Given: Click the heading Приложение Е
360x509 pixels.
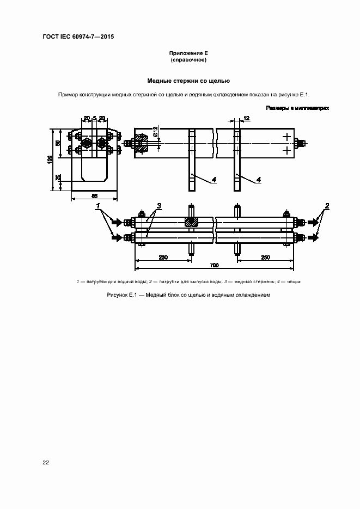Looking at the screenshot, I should click(x=188, y=53).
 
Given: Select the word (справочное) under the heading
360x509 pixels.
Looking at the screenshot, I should click(x=188, y=60).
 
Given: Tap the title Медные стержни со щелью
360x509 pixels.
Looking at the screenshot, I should click(x=188, y=81).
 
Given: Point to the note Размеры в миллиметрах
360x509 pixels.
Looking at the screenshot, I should click(x=297, y=108).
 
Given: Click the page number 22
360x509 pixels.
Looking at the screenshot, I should click(x=46, y=463).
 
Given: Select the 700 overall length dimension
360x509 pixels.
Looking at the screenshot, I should click(x=214, y=265).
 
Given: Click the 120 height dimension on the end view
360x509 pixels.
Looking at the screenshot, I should click(x=50, y=159).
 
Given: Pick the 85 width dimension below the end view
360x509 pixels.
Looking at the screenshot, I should click(x=94, y=195).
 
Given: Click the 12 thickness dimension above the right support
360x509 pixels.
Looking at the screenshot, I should click(x=246, y=118).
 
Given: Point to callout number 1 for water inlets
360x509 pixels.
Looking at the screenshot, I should click(x=99, y=206).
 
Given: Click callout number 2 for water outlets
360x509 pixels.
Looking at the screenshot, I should click(x=327, y=205).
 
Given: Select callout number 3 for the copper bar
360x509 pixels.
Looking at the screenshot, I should click(x=159, y=206).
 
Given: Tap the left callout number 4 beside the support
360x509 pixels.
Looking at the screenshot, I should click(x=214, y=179).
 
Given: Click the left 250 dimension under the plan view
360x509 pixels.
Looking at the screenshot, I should click(x=163, y=257).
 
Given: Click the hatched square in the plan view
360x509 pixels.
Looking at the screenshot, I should click(x=191, y=222).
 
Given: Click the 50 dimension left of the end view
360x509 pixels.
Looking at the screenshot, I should click(x=58, y=143).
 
